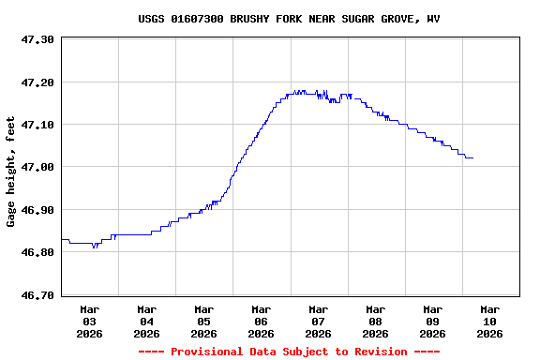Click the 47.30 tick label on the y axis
(x=38, y=39)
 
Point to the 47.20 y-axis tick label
(x=38, y=82)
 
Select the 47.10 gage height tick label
(x=38, y=125)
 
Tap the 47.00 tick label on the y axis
(x=38, y=167)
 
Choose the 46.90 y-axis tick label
(x=38, y=210)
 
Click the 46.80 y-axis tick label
(x=38, y=252)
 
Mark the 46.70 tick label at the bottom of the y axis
(x=38, y=295)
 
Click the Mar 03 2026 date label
(x=89, y=321)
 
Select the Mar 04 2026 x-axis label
(x=146, y=321)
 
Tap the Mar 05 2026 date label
(x=203, y=321)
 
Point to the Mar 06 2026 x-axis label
(x=261, y=321)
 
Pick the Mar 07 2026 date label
(x=318, y=321)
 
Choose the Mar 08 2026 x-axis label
(x=375, y=321)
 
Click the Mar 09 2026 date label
(x=432, y=321)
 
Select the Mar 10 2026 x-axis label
(x=489, y=321)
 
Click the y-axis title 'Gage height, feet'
(x=11, y=172)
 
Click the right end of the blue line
(x=472, y=157)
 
